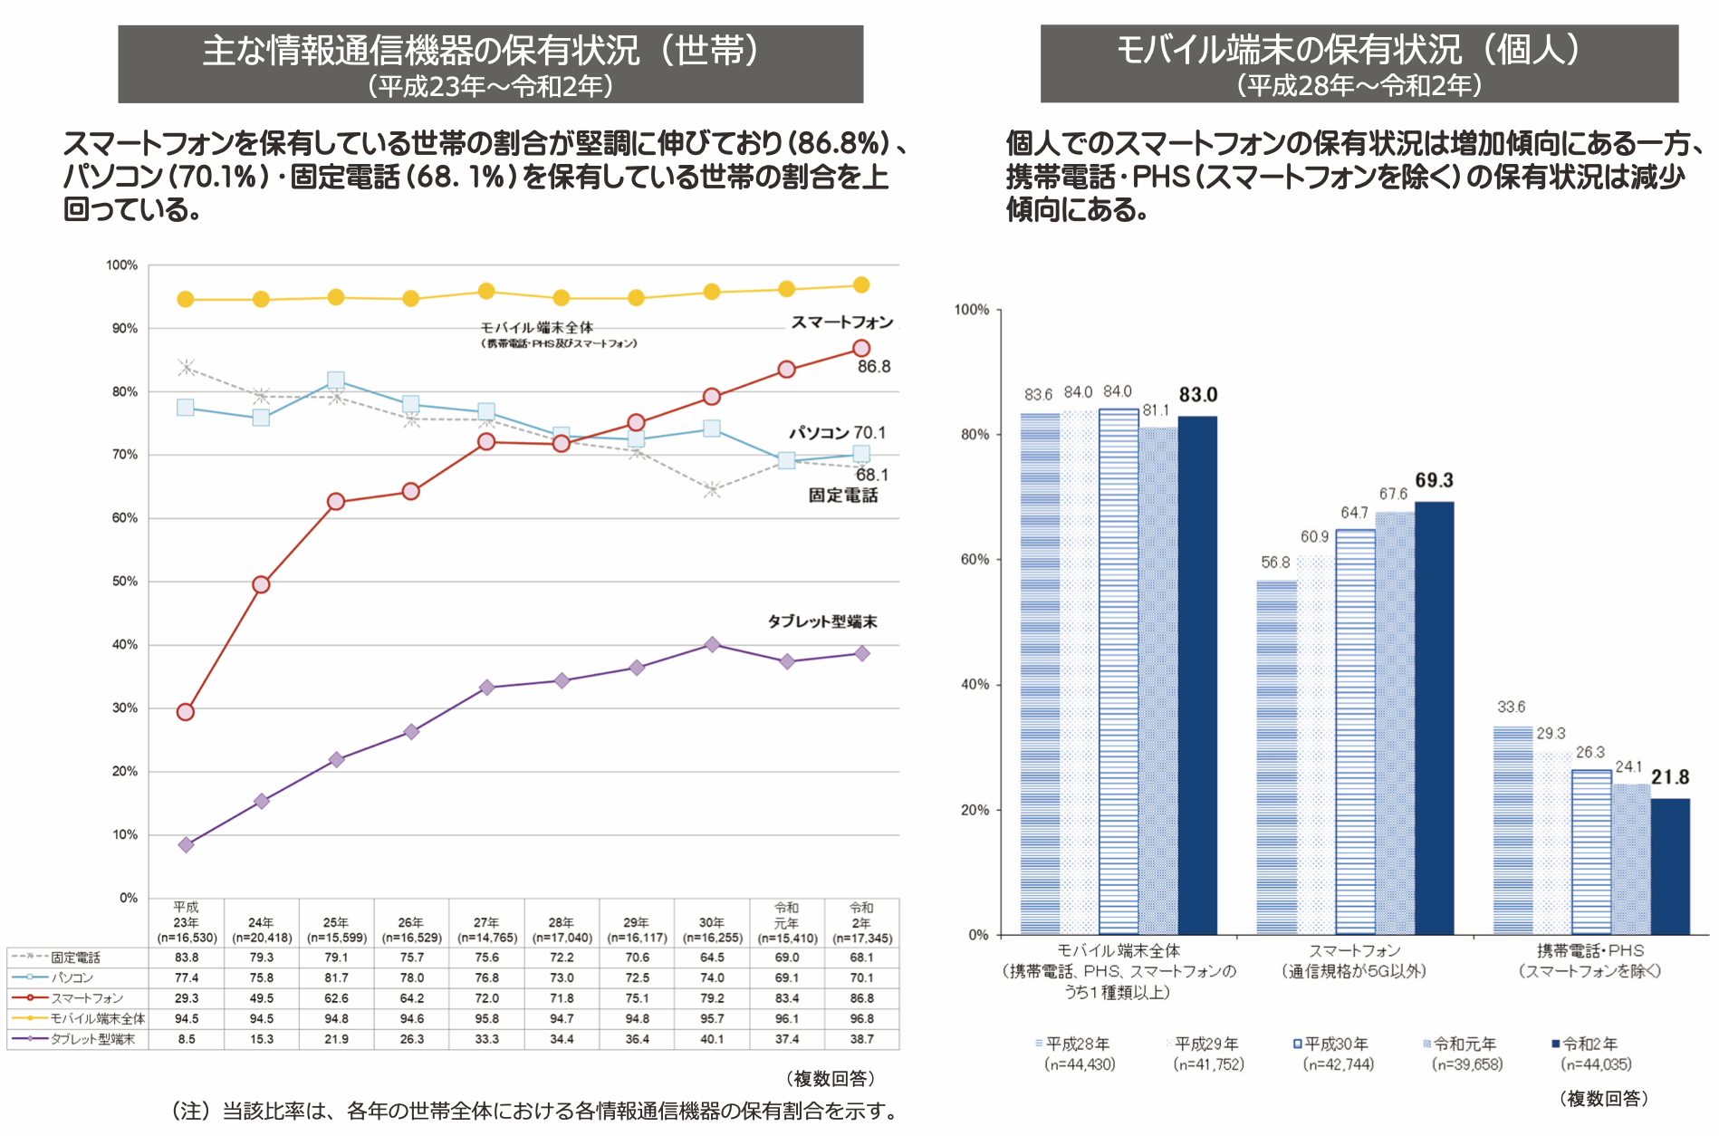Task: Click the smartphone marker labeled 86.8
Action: click(861, 349)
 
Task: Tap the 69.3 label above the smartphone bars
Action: click(1434, 480)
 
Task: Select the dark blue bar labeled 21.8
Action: click(1670, 865)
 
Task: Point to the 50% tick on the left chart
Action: click(124, 582)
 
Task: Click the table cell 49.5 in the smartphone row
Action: click(262, 998)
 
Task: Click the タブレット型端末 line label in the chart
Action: click(822, 621)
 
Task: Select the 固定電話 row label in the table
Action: click(75, 958)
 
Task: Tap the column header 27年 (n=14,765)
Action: click(486, 929)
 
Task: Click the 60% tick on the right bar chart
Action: click(975, 560)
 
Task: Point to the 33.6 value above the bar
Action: click(1511, 708)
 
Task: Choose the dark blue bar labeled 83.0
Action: click(1197, 675)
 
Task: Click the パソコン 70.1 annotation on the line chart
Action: click(837, 433)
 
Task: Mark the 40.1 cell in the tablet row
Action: click(712, 1039)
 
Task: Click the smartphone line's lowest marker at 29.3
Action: click(186, 712)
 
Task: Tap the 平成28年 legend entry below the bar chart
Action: click(1077, 1045)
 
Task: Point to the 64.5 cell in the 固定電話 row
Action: click(712, 958)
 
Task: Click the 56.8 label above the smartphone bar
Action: click(1275, 563)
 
